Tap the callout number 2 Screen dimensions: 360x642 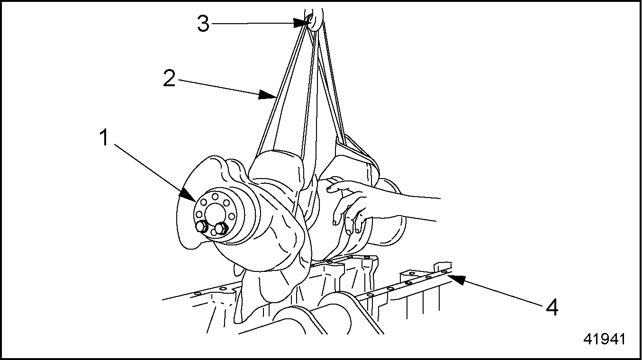169,79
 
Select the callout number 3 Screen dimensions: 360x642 203,23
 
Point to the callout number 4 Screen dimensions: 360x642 551,308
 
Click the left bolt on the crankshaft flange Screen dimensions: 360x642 201,227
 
